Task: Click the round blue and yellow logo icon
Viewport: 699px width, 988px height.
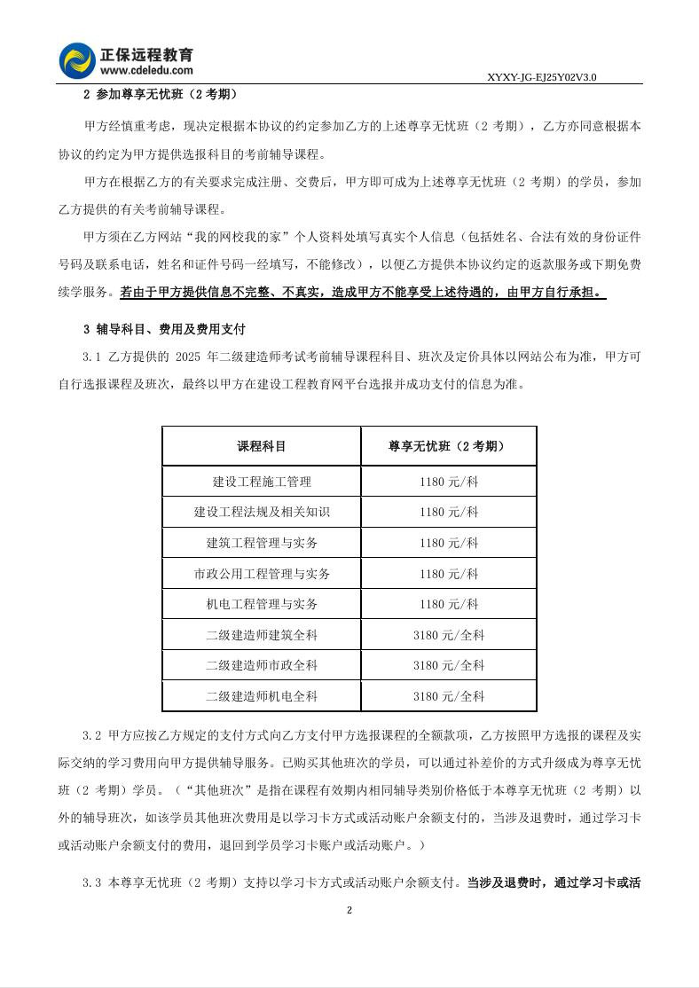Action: pyautogui.click(x=77, y=60)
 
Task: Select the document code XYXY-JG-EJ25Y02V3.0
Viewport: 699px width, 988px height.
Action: pyautogui.click(x=541, y=77)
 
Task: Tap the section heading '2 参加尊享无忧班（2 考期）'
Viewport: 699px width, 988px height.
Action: pyautogui.click(x=160, y=94)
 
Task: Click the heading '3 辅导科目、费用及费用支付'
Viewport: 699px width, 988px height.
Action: pyautogui.click(x=164, y=329)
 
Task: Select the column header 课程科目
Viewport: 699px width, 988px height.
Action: pyautogui.click(x=262, y=446)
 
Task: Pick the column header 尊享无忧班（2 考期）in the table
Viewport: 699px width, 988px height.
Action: pyautogui.click(x=448, y=446)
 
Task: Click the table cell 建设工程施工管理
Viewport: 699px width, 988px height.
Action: pyautogui.click(x=262, y=482)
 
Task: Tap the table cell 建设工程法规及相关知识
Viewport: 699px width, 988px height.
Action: pyautogui.click(x=262, y=512)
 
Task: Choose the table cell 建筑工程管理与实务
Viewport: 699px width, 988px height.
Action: pyautogui.click(x=262, y=543)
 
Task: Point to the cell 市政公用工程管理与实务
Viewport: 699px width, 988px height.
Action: pyautogui.click(x=262, y=574)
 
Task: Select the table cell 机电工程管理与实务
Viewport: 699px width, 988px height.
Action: pyautogui.click(x=262, y=604)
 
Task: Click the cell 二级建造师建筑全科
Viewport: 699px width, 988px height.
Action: pyautogui.click(x=262, y=635)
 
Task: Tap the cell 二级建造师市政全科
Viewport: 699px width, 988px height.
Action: pyautogui.click(x=262, y=665)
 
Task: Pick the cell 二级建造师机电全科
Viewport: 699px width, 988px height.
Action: pyautogui.click(x=262, y=696)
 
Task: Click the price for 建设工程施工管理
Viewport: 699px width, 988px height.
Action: pyautogui.click(x=448, y=482)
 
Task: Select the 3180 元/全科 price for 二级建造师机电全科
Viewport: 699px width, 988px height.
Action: pyautogui.click(x=448, y=696)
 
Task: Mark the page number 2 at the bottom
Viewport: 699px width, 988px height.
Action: pyautogui.click(x=349, y=911)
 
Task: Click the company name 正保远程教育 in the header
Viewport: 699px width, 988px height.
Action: pyautogui.click(x=149, y=54)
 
